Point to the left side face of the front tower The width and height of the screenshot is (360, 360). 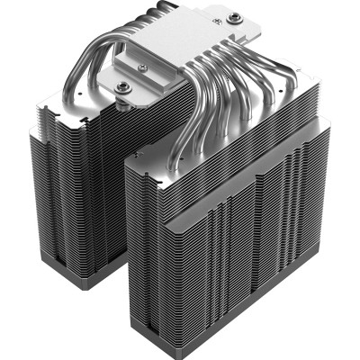(148, 243)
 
